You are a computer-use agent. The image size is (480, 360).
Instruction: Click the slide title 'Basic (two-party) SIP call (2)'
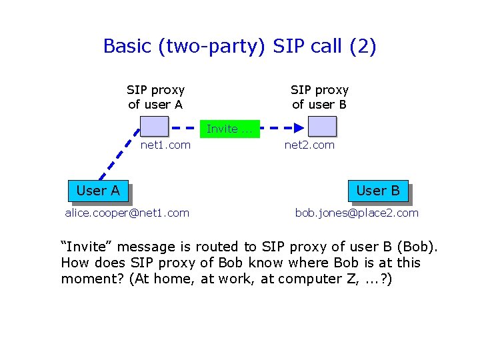coord(240,47)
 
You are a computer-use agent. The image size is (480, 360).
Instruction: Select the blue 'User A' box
coord(98,191)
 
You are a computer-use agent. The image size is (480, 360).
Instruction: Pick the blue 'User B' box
coord(377,191)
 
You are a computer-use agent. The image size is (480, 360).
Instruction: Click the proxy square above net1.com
coord(155,127)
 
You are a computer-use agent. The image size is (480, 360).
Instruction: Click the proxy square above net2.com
coord(323,127)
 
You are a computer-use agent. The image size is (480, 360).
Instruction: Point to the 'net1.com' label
coord(165,145)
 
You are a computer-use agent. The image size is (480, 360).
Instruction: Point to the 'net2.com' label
coord(309,145)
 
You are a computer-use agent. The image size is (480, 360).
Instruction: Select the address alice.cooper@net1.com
coord(127,213)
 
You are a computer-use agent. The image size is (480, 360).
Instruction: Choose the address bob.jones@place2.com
coord(357,213)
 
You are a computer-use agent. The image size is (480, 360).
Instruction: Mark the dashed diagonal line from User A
coord(121,155)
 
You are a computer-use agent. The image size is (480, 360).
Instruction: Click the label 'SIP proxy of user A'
coord(155,97)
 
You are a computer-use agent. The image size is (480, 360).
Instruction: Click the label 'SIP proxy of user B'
coord(319,97)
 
